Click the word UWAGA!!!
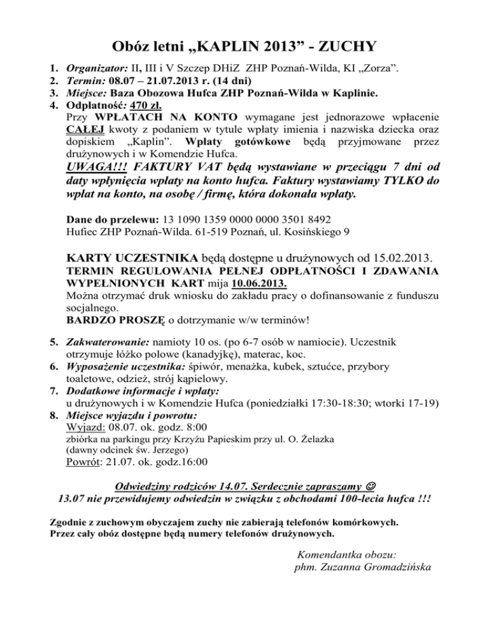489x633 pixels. click(96, 169)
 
